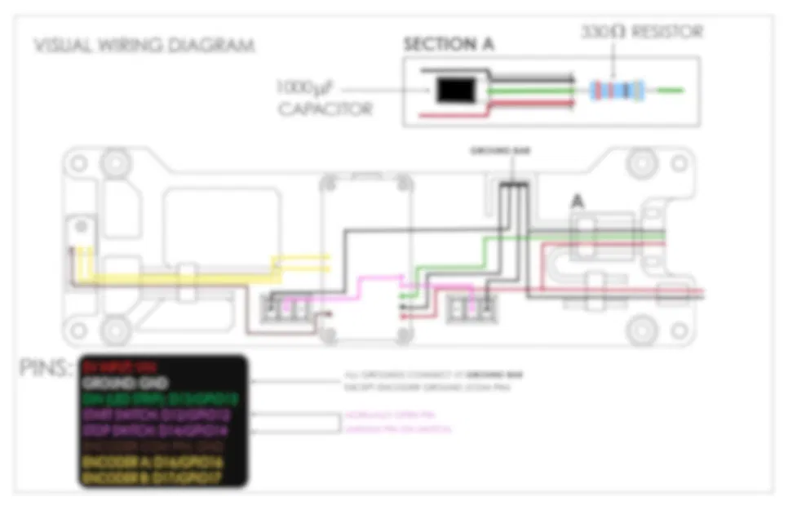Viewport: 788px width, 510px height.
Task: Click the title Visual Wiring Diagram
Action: click(144, 45)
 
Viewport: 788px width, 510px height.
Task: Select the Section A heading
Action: click(448, 44)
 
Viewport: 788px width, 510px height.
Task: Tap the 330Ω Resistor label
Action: click(641, 32)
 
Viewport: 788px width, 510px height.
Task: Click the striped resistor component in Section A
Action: click(617, 90)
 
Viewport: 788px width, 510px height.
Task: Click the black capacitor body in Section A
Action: click(457, 91)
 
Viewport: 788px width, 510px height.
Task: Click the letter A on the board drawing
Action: click(578, 201)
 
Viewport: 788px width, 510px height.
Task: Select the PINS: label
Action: click(47, 368)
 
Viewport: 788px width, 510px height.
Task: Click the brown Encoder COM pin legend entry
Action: click(154, 446)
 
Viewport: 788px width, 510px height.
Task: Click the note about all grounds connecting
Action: click(433, 379)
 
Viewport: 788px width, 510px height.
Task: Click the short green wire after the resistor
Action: click(670, 90)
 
